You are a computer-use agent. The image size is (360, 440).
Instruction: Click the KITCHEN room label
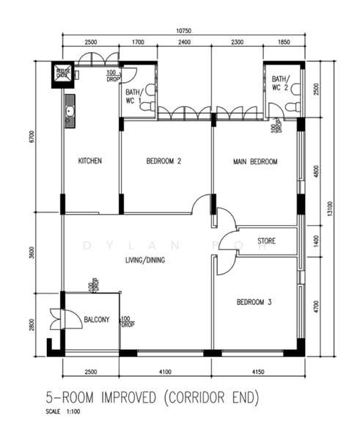(90, 161)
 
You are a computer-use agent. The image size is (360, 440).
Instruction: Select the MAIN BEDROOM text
(255, 161)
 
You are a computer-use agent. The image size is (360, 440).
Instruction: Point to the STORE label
(266, 241)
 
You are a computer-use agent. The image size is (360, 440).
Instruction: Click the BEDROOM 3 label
(254, 302)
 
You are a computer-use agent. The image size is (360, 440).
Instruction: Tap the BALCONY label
(96, 320)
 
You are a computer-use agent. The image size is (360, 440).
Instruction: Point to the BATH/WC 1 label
(134, 95)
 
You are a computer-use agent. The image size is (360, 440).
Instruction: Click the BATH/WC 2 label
(281, 83)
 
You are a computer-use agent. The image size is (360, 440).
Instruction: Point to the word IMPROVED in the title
(123, 398)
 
